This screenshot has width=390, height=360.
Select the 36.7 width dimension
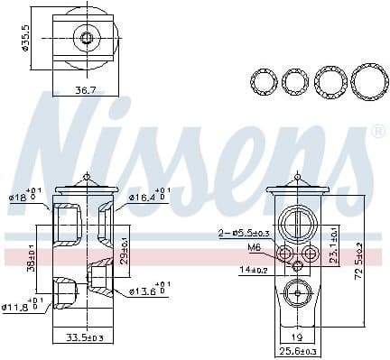coord(85,90)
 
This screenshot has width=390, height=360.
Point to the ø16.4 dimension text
coord(145,196)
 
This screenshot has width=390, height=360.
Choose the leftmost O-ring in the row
coord(264,82)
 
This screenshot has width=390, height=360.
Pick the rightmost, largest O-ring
coord(367,82)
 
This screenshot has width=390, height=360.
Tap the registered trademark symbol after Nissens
coord(377,132)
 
